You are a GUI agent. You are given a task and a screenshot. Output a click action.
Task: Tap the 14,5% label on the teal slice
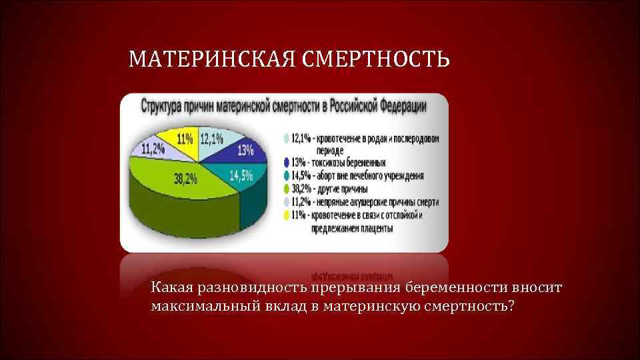(241, 176)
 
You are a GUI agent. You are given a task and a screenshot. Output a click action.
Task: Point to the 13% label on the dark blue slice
(245, 150)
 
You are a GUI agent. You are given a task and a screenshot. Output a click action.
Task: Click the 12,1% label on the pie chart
(212, 138)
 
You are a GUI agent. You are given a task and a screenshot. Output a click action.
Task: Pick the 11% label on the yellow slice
(185, 139)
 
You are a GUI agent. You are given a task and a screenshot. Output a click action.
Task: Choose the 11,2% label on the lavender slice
(153, 148)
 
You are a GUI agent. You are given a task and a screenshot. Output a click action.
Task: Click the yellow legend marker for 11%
(287, 215)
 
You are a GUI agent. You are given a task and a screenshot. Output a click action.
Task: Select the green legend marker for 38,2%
(287, 189)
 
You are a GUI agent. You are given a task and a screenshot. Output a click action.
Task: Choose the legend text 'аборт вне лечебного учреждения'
(371, 176)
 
